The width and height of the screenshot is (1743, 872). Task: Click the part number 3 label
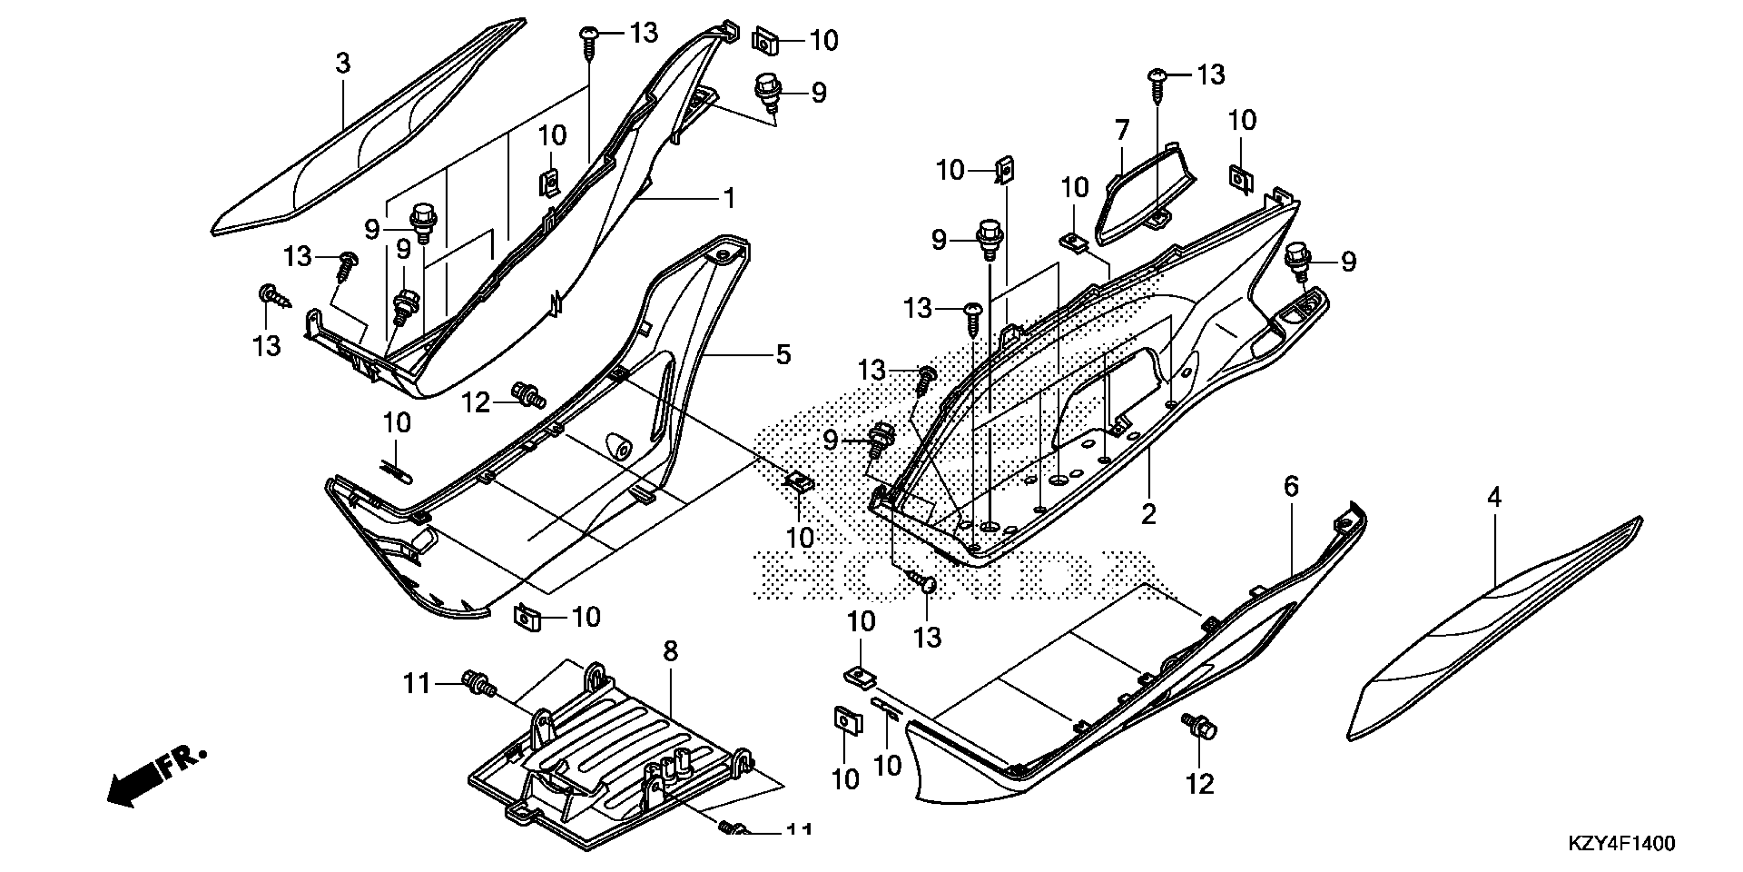pos(343,64)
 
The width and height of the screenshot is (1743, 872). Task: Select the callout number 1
pos(729,199)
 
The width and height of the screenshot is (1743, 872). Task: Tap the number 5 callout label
pos(783,354)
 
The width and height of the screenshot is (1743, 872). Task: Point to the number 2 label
pos(1148,514)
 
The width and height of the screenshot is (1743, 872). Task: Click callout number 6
pos(1291,486)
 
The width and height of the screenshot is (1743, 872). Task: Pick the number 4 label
pos(1494,498)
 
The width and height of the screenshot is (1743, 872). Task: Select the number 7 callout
pos(1122,129)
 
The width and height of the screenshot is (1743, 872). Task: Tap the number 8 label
pos(670,651)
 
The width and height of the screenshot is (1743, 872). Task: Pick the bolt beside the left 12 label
pos(529,394)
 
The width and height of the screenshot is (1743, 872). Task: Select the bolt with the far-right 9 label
pos(1296,261)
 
